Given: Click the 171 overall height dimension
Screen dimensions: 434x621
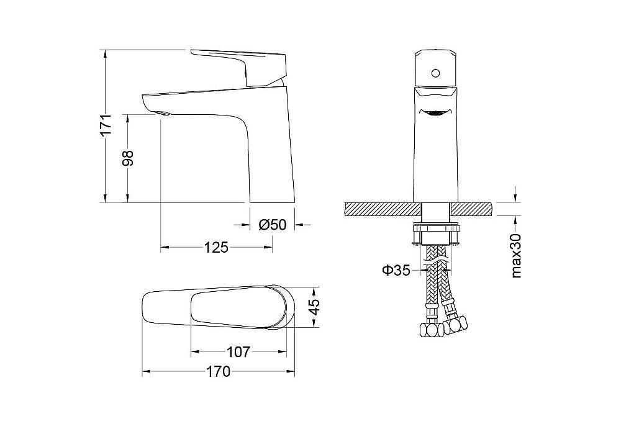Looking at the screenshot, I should click(106, 125).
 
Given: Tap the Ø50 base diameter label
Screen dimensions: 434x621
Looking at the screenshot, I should click(271, 225).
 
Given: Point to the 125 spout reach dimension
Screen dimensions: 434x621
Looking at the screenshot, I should click(215, 248).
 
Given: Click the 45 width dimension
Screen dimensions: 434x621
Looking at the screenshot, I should click(314, 307).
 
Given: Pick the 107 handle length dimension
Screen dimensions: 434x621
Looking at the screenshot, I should click(238, 352).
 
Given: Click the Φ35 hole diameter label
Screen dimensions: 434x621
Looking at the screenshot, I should click(396, 270).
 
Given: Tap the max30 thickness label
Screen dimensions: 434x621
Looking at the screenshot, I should click(515, 256).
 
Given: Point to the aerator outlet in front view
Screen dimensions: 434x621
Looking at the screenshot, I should click(435, 114).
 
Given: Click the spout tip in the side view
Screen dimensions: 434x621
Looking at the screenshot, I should click(160, 112).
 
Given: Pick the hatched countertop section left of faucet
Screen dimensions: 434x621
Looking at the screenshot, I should click(379, 209).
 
